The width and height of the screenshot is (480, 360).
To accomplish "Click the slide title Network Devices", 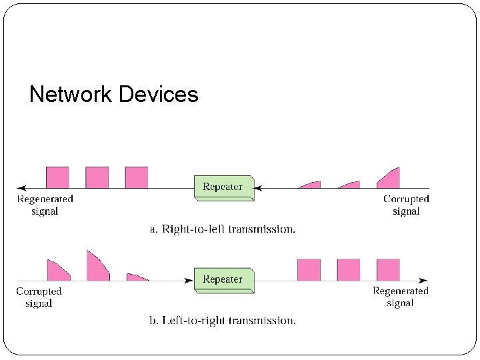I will point(114,94).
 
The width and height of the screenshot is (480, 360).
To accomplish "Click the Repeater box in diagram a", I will point(223,187).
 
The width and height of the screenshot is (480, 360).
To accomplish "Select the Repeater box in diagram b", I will point(223,279).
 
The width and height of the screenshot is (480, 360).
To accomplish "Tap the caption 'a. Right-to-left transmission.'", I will point(222,229).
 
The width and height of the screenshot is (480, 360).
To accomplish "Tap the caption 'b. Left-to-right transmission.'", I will point(222,321).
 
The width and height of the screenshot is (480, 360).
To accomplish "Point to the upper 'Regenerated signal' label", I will point(45,205).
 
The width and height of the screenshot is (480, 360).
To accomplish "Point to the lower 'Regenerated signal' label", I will point(400,297).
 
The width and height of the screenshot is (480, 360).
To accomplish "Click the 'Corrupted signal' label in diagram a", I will point(406,205).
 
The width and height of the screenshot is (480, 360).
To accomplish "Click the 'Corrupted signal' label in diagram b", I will point(39,297).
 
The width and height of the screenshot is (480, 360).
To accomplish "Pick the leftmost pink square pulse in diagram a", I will point(57,177).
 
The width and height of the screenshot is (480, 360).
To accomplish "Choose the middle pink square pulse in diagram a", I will point(97,177).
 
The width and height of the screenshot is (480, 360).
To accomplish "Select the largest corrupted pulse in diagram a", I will point(390,179).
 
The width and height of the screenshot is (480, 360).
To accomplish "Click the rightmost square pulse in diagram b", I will point(388,270).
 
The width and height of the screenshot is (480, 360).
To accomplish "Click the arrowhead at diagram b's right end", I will point(423,281).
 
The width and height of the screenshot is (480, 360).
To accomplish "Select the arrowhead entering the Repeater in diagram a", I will point(258,189).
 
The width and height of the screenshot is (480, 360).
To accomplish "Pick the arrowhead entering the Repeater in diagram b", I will point(190,281).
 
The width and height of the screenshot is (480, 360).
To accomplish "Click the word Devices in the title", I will point(158,94).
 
